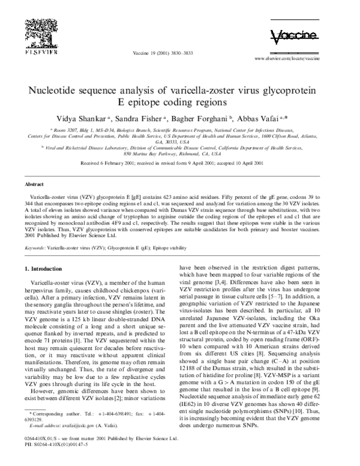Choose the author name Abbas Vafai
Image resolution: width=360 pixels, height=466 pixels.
[x=266, y=118]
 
